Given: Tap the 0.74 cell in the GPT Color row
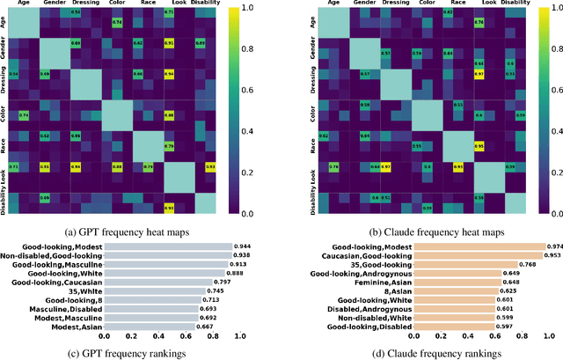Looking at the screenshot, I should click(25, 115).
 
